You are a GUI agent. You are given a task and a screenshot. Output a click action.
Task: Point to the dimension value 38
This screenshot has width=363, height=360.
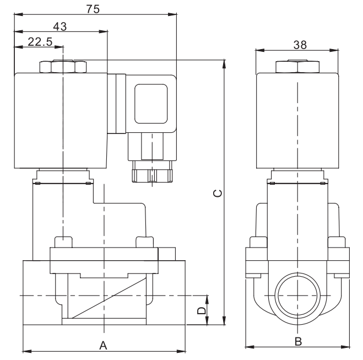[300, 44]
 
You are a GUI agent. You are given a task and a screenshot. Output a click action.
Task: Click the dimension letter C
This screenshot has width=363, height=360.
[218, 193]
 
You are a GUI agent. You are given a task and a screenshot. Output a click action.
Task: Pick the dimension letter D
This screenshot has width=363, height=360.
[202, 311]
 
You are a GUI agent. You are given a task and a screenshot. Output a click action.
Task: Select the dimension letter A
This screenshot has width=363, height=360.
[102, 345]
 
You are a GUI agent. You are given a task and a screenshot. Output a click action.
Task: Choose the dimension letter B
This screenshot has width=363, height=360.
[297, 341]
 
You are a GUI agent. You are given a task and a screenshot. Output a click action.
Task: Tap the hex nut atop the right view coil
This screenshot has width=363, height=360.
[297, 67]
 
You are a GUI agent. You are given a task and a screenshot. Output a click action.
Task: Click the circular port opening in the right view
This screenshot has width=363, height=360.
[297, 296]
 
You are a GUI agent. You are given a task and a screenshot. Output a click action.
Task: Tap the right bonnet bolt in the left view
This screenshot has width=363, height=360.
[144, 243]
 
